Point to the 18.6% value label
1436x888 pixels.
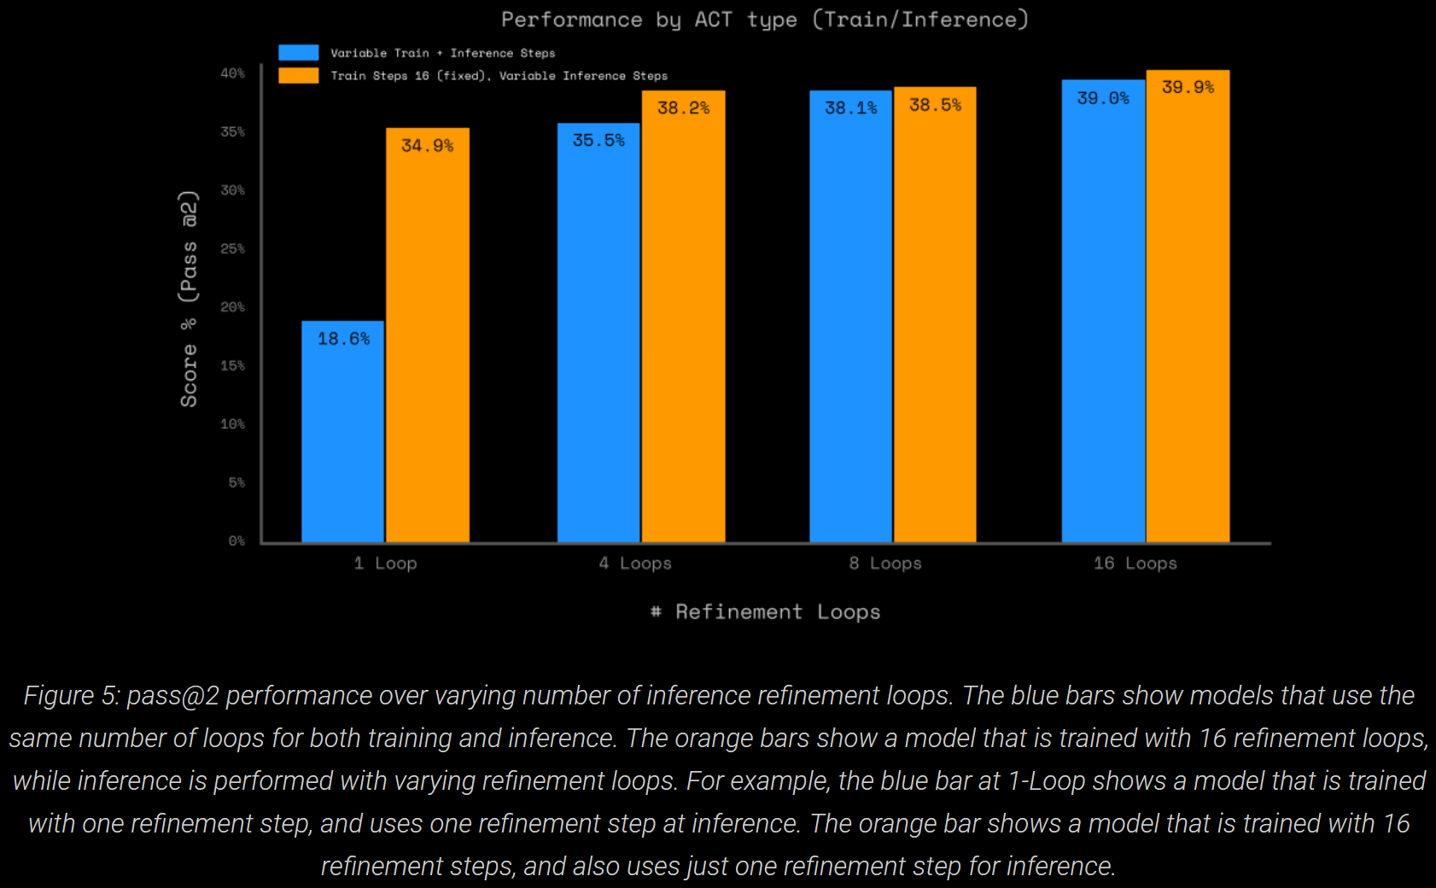pyautogui.click(x=343, y=339)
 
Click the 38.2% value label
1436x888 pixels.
pyautogui.click(x=683, y=108)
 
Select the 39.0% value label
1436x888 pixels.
pyautogui.click(x=1102, y=98)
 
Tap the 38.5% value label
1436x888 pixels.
pyautogui.click(x=935, y=105)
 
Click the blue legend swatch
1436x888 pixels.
pyautogui.click(x=298, y=53)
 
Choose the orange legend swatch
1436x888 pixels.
pyautogui.click(x=298, y=76)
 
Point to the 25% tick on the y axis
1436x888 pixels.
pyautogui.click(x=232, y=248)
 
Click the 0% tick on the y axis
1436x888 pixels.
pyautogui.click(x=236, y=540)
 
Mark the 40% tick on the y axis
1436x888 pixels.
pyautogui.click(x=232, y=73)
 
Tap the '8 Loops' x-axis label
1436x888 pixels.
pyautogui.click(x=885, y=564)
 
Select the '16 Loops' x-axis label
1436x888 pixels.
pyautogui.click(x=1135, y=564)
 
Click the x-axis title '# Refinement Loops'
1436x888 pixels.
pyautogui.click(x=765, y=612)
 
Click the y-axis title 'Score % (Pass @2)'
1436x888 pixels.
pyautogui.click(x=189, y=299)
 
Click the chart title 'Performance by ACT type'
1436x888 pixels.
pyautogui.click(x=764, y=20)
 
